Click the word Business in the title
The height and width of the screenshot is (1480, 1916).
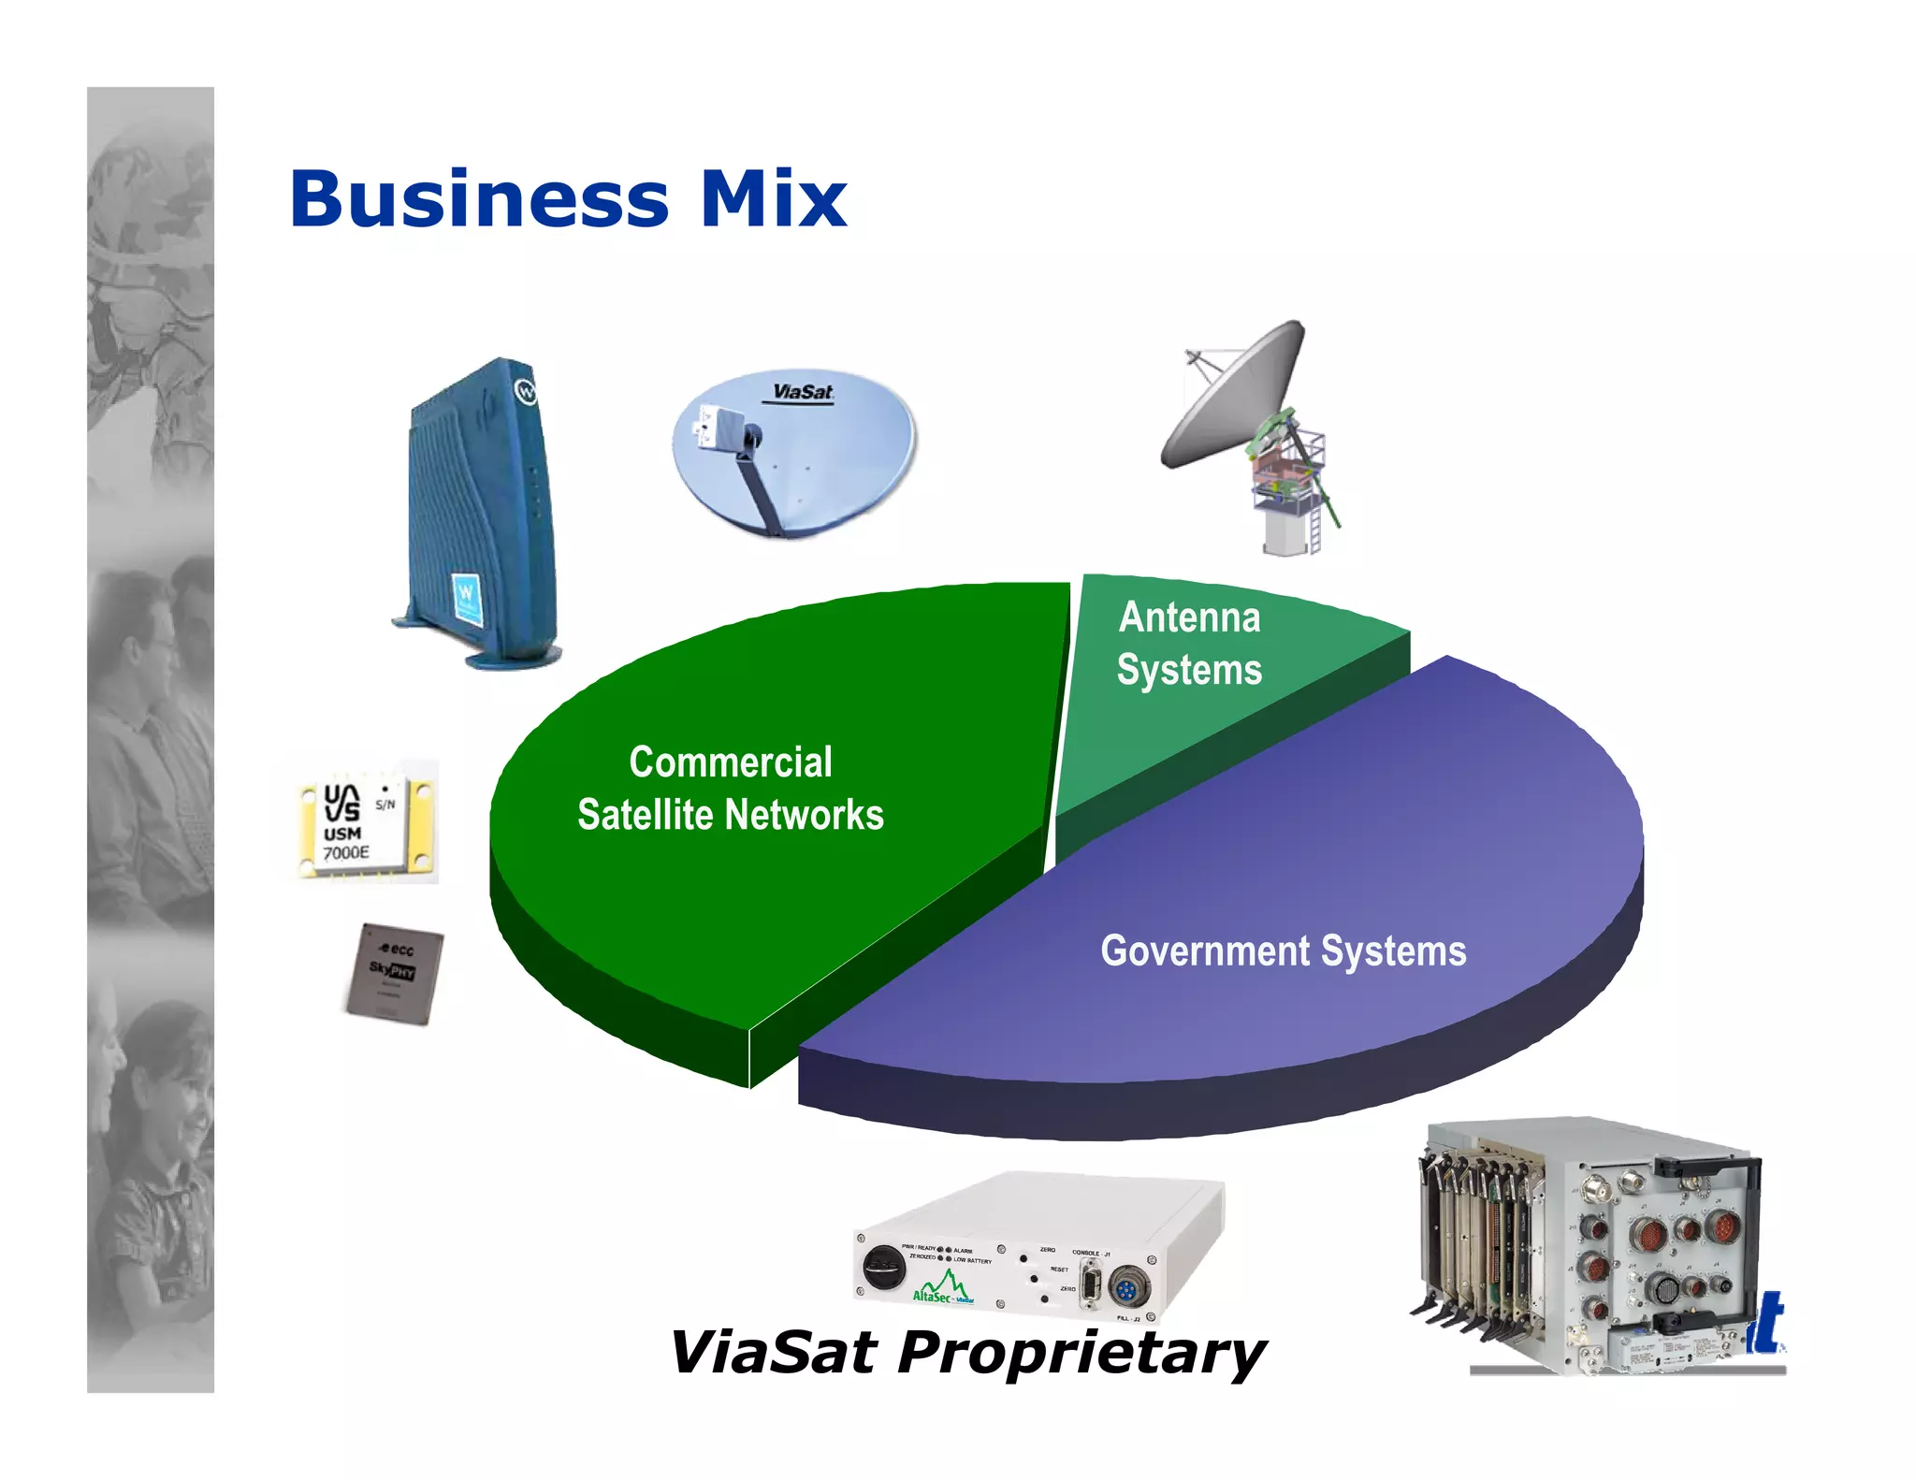pos(479,199)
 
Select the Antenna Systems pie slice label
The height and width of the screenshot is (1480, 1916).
pos(1189,644)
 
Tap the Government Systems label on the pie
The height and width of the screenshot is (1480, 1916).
pos(1283,951)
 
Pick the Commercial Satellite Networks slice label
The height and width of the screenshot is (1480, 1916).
pos(730,789)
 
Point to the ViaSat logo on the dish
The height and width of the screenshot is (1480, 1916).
pos(803,392)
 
